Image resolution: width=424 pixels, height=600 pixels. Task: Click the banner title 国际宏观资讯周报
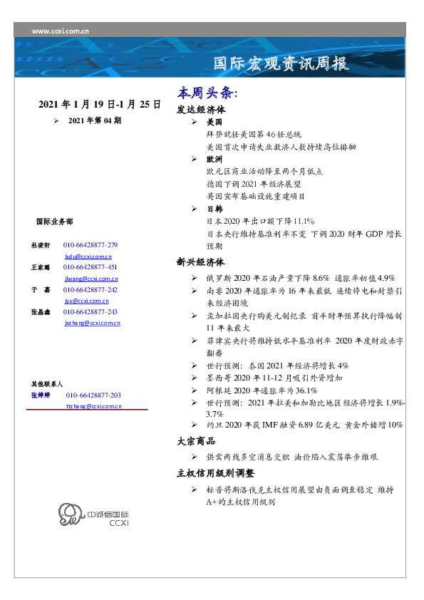(281, 64)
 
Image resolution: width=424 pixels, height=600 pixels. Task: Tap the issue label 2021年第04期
(95, 120)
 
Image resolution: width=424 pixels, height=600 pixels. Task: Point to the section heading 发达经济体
(201, 110)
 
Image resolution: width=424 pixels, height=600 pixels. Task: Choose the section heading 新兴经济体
(201, 262)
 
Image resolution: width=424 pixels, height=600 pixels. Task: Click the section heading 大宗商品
(196, 441)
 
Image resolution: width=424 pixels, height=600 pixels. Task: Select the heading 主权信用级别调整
(215, 473)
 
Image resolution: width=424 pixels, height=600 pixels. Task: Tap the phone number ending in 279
(91, 245)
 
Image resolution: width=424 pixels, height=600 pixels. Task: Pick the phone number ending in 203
(93, 395)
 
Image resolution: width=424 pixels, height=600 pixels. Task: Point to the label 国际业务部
(53, 222)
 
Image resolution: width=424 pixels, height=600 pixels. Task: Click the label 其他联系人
(47, 383)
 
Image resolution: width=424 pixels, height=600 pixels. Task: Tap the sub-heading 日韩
(214, 210)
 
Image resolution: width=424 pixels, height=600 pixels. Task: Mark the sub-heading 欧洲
(214, 160)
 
